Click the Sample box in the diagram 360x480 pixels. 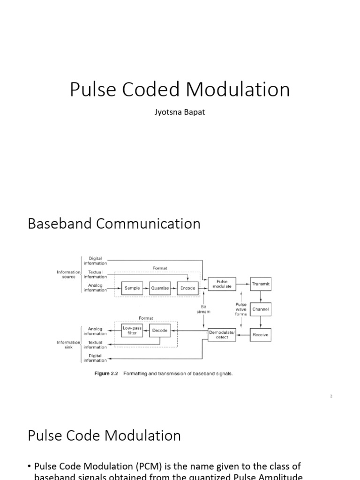132,288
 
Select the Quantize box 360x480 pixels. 160,288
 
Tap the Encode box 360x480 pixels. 187,288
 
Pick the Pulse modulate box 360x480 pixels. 222,284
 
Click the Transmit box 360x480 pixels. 261,284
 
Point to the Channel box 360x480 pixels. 261,309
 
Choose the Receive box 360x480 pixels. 261,335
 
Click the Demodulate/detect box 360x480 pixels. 222,335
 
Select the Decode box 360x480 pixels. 160,330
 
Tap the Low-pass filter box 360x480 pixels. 132,330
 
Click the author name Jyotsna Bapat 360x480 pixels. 180,112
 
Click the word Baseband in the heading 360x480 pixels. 60,224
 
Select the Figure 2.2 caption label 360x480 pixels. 107,374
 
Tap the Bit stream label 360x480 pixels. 203,309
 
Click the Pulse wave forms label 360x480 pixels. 241,309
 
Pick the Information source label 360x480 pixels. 69,274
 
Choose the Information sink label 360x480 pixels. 69,345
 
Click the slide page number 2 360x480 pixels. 331,396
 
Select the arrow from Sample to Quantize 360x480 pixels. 146,288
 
